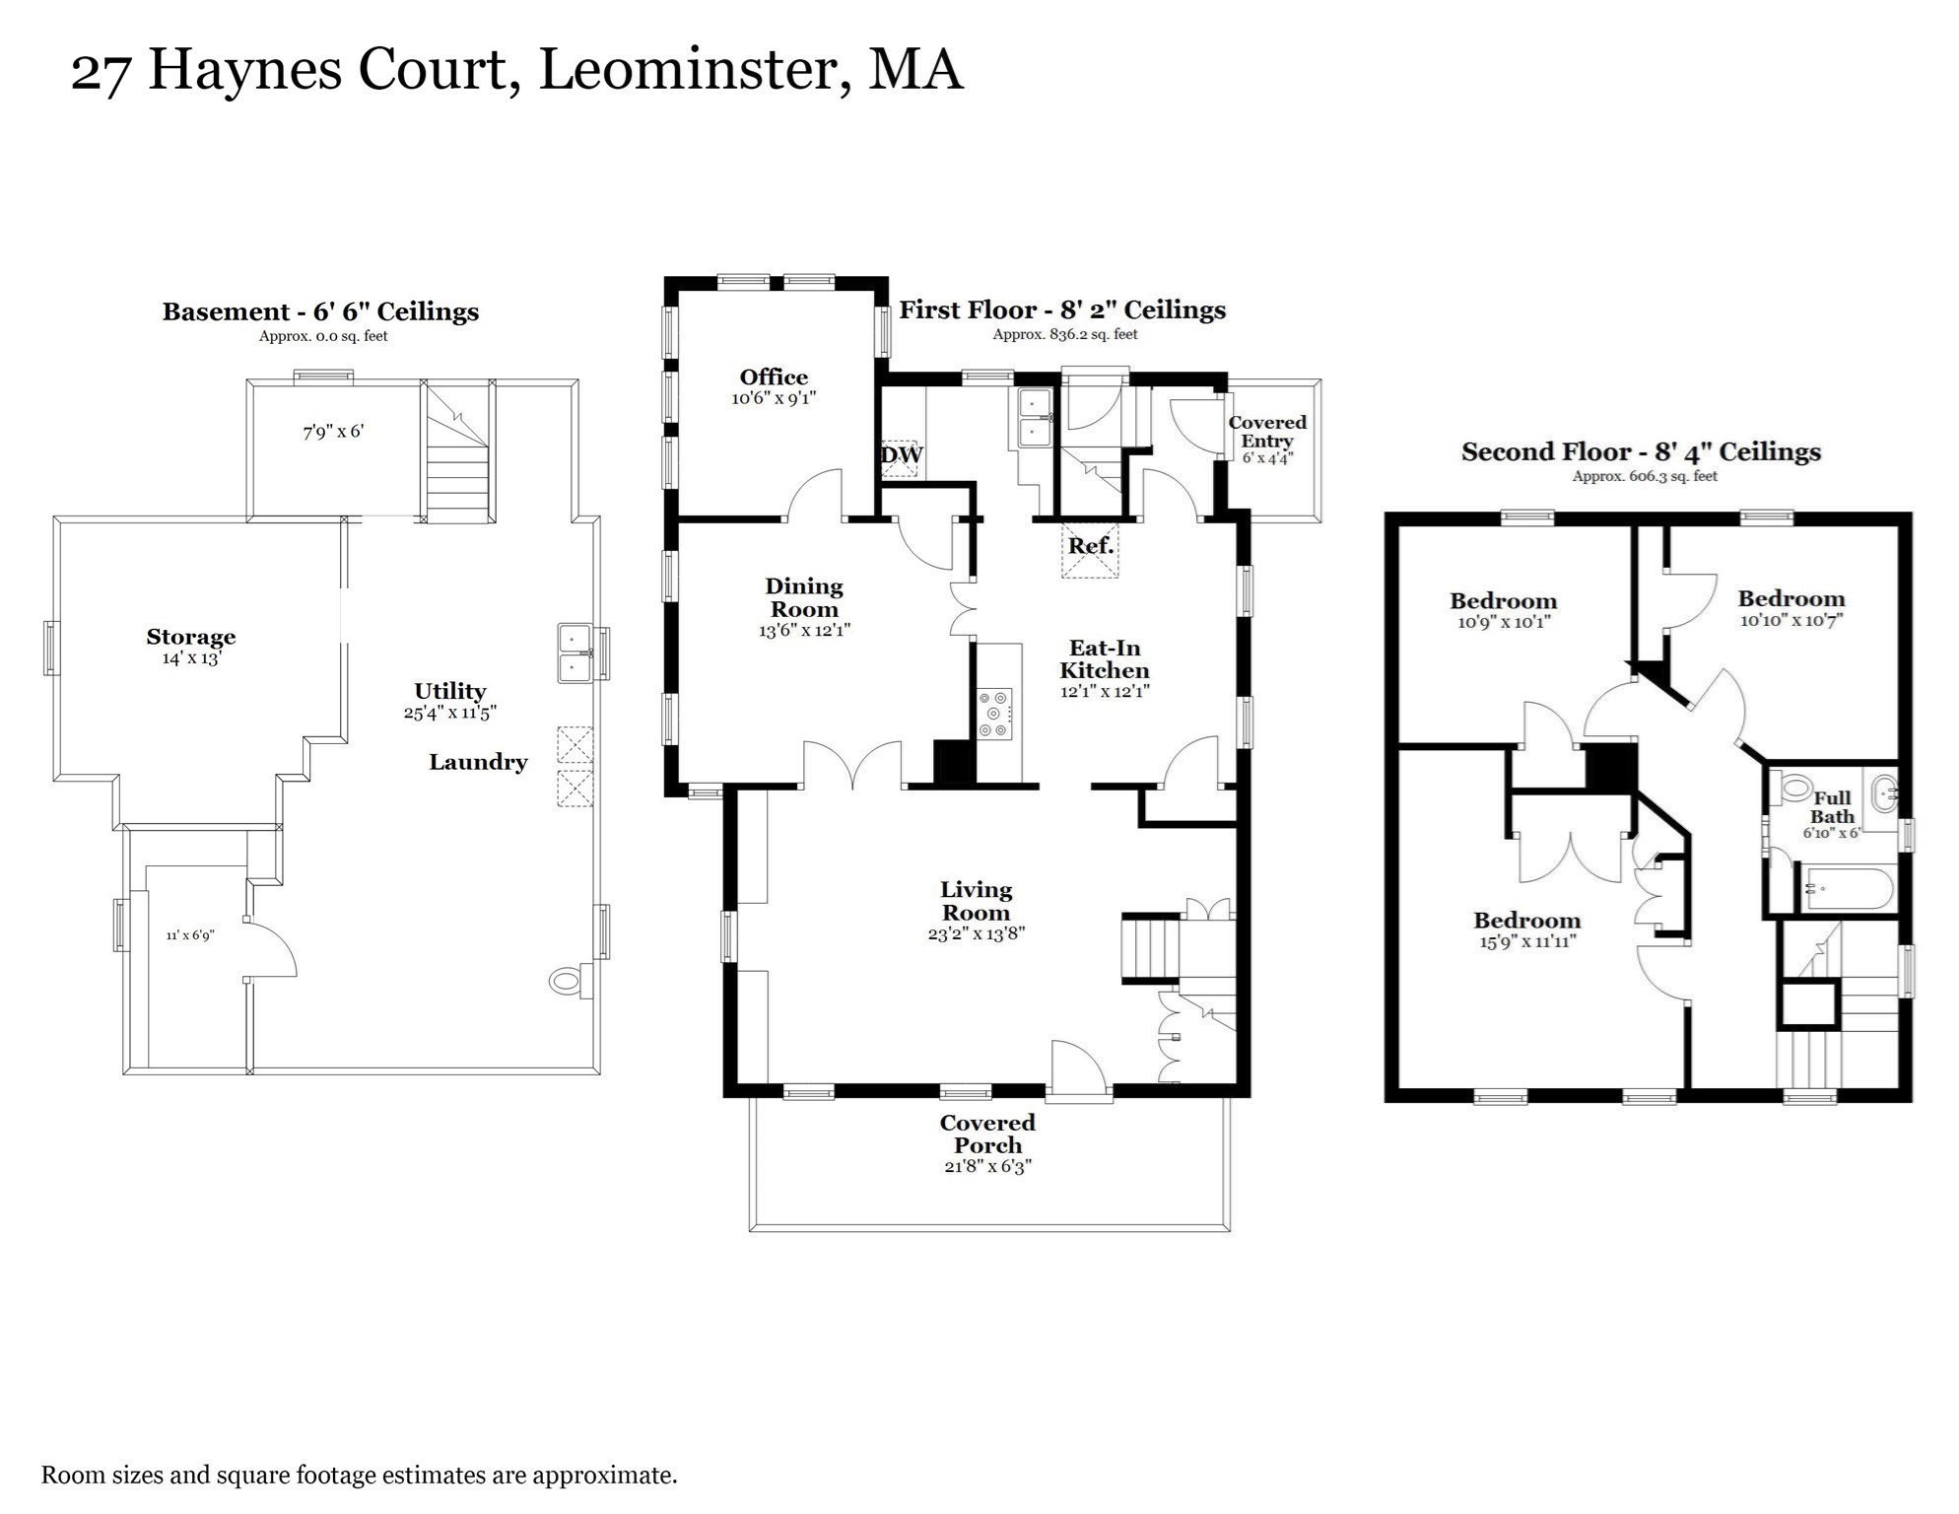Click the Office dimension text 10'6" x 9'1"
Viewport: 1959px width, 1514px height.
tap(774, 399)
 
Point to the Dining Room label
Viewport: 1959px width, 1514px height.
tap(804, 597)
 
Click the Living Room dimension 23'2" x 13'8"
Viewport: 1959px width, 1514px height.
tap(976, 933)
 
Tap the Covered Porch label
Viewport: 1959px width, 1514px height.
tap(987, 1134)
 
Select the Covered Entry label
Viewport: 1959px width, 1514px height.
tap(1266, 431)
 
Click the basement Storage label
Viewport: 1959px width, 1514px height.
tap(191, 637)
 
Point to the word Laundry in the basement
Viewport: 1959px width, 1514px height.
tap(478, 762)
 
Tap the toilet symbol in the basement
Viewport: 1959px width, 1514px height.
tap(566, 981)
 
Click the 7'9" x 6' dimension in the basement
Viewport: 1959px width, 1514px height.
tap(333, 432)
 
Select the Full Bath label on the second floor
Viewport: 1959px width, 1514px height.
tap(1832, 806)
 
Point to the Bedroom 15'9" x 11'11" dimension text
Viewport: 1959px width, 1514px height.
tap(1526, 941)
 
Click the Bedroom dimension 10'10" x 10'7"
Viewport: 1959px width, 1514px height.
tap(1790, 620)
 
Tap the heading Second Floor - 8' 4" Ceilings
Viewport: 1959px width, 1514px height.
tap(1641, 452)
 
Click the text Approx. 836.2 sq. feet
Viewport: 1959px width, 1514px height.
tap(1064, 334)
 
